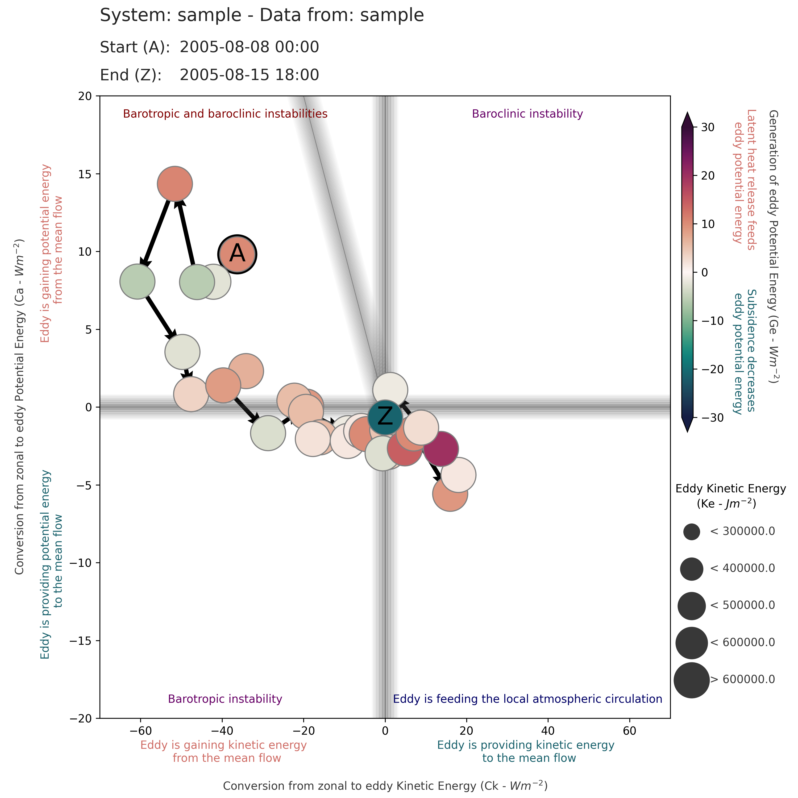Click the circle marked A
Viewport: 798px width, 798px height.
click(237, 254)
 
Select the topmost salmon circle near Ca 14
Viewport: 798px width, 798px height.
click(175, 184)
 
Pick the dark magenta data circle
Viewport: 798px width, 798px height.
click(441, 449)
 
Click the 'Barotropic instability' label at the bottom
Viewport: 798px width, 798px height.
click(225, 699)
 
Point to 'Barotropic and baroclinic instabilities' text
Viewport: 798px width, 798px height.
click(225, 114)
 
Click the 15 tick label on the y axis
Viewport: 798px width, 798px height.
click(85, 174)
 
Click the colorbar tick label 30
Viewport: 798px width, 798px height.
click(708, 127)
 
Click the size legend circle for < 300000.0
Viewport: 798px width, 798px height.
click(691, 531)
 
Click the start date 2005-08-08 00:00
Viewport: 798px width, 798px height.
click(249, 47)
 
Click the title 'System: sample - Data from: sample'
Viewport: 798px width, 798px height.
click(262, 16)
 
